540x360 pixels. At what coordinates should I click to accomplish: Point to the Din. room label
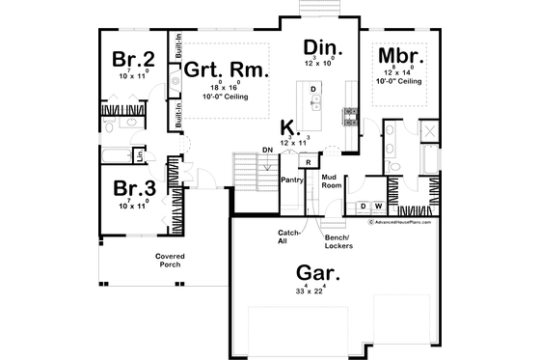(x=319, y=47)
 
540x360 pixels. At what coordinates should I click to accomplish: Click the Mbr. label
(x=396, y=54)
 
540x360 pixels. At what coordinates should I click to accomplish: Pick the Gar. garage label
(x=309, y=274)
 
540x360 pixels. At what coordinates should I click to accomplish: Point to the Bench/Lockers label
(x=337, y=241)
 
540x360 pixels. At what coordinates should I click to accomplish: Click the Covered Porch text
(x=170, y=261)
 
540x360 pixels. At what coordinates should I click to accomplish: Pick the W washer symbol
(x=378, y=206)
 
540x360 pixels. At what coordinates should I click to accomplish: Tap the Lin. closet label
(x=141, y=154)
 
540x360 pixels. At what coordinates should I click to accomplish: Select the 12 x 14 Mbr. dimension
(x=396, y=72)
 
